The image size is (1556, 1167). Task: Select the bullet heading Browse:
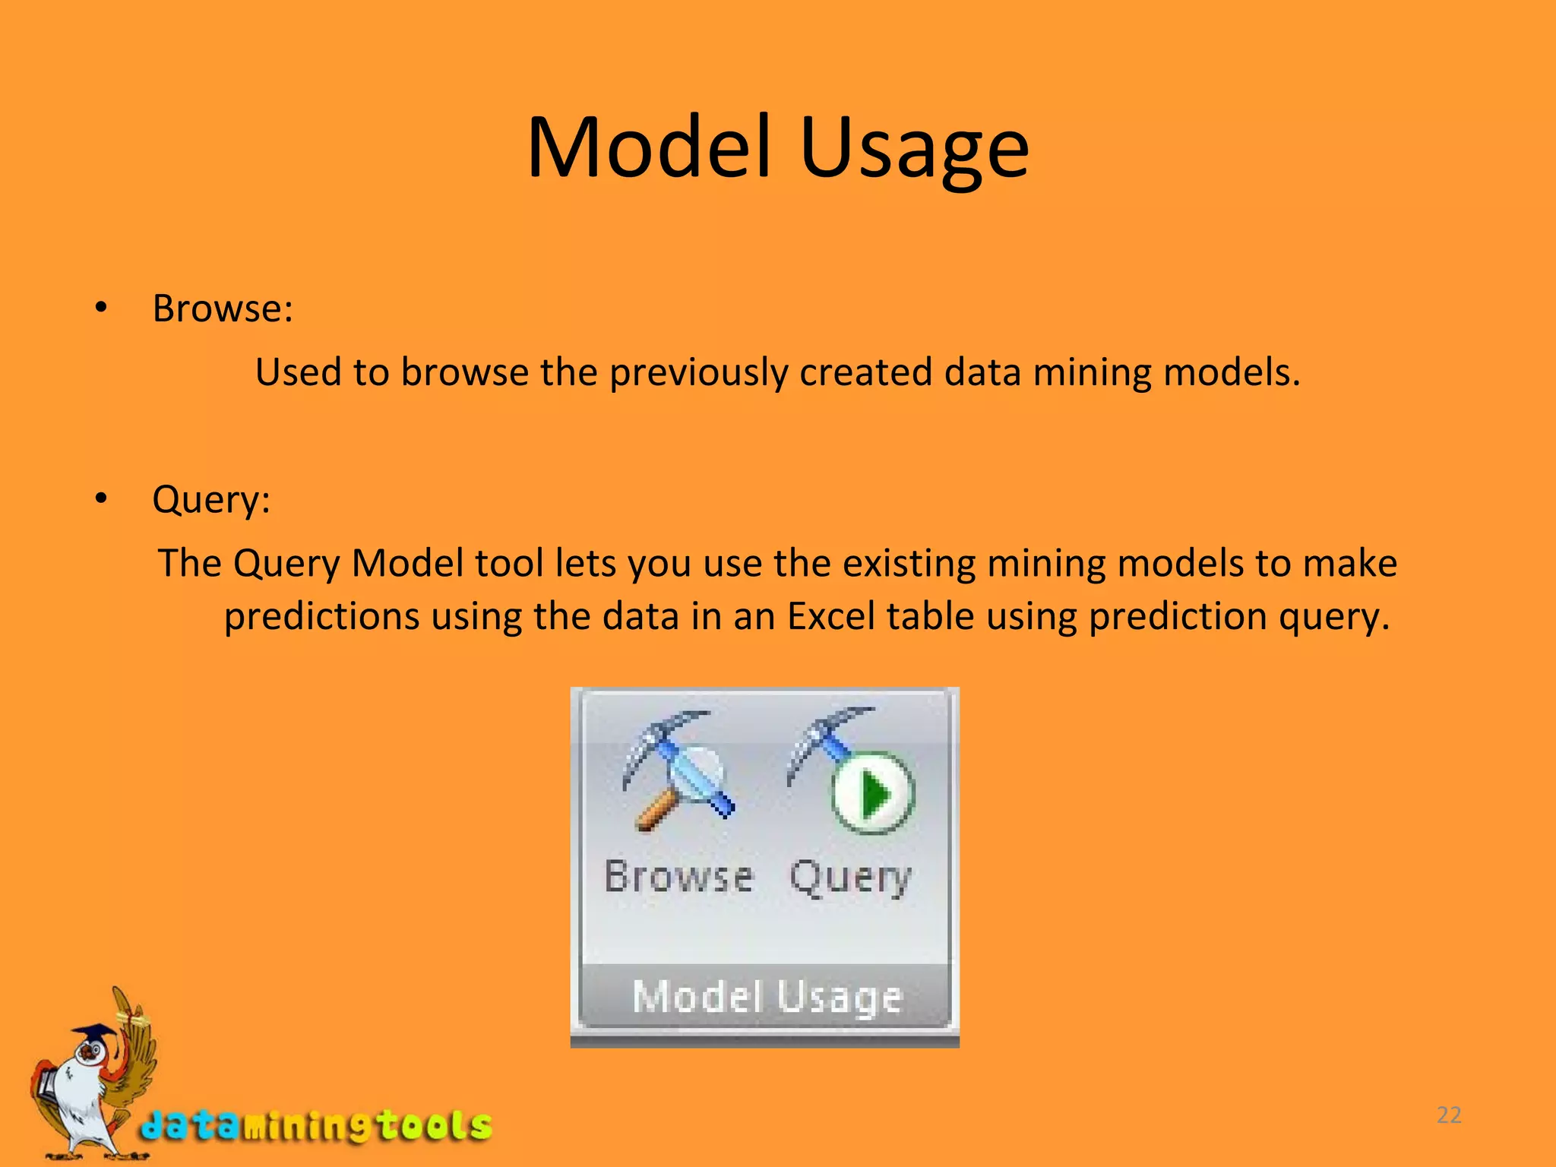[222, 309]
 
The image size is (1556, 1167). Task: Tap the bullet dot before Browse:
[101, 308]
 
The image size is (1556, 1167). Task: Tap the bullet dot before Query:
[101, 499]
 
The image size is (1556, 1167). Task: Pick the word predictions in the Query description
[321, 616]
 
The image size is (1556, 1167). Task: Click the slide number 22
[1449, 1115]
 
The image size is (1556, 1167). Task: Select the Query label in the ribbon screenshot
[850, 879]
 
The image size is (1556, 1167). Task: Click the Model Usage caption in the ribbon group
[767, 996]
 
